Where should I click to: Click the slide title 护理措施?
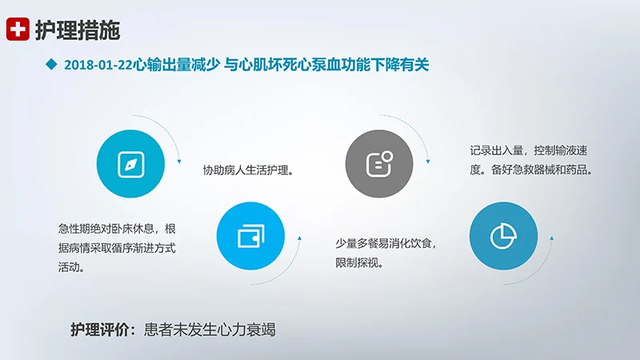point(78,30)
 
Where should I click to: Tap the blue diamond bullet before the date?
point(51,65)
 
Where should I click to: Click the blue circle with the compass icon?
point(130,163)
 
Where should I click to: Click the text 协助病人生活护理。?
point(248,170)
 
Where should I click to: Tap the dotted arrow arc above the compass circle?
point(164,128)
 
